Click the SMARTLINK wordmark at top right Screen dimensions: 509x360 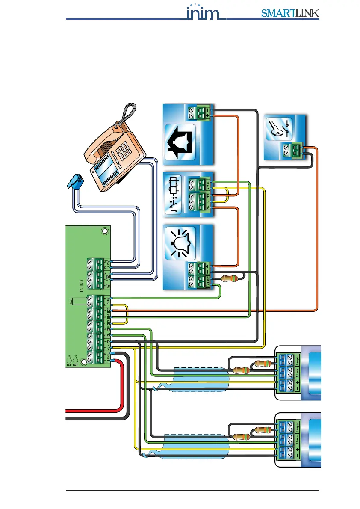click(x=290, y=14)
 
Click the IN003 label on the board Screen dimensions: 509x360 click(x=81, y=285)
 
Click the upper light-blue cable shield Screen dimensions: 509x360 click(x=201, y=379)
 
